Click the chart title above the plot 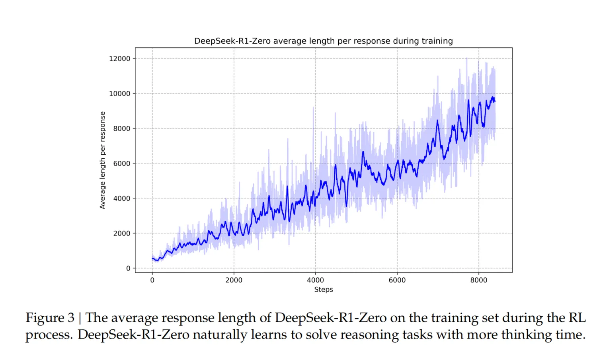click(323, 41)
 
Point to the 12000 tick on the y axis click(119, 58)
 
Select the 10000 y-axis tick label click(119, 93)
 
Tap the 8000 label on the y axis click(121, 128)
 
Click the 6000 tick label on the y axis click(121, 163)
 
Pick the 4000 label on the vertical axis click(121, 198)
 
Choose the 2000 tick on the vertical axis click(121, 234)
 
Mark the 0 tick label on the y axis click(128, 269)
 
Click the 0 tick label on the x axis click(152, 280)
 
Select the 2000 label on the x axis click(234, 280)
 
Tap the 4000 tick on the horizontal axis click(315, 280)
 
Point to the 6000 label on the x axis click(397, 280)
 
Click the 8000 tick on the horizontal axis click(478, 280)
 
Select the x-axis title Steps click(323, 290)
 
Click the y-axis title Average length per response click(103, 160)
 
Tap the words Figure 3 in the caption click(50, 318)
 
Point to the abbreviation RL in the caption click(577, 318)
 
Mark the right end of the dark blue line click(495, 101)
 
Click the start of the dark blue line click(152, 259)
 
